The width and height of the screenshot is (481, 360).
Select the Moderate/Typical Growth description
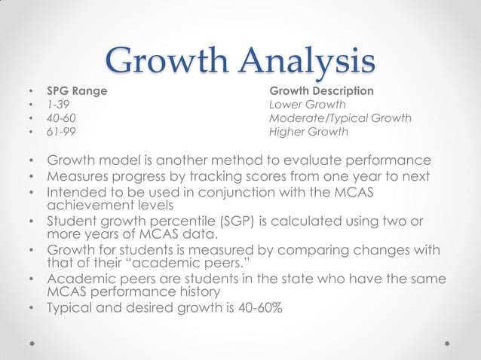click(x=340, y=119)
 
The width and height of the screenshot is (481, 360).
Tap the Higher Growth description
click(x=308, y=133)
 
